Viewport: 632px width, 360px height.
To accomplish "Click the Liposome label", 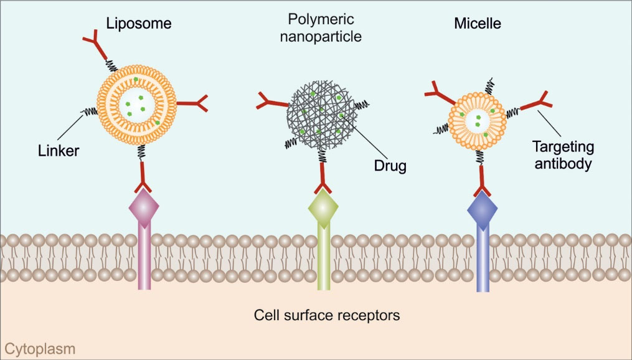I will [138, 24].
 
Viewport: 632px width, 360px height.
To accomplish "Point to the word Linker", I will [58, 150].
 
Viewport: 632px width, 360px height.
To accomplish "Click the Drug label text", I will [390, 166].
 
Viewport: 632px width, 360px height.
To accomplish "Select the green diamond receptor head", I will [323, 206].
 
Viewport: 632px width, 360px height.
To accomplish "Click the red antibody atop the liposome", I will [93, 44].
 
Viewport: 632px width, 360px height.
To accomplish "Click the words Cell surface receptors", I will [327, 315].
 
